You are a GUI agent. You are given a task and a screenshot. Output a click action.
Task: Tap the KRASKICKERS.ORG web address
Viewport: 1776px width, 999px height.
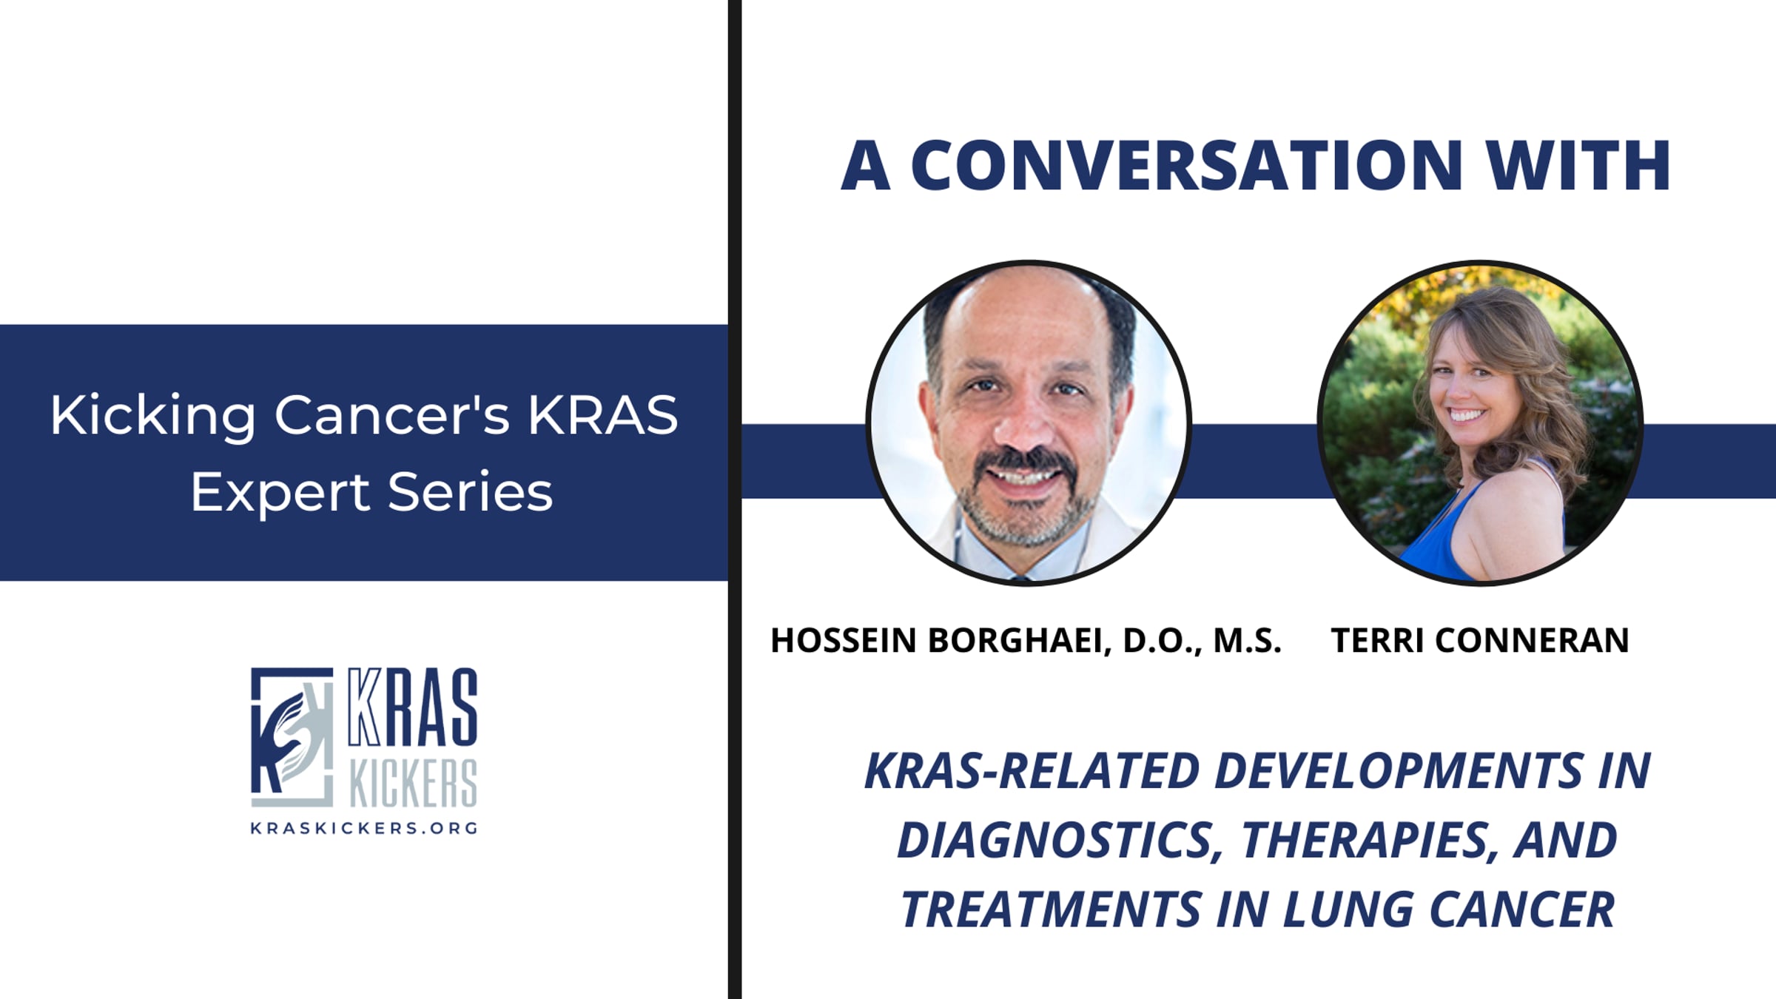pos(364,828)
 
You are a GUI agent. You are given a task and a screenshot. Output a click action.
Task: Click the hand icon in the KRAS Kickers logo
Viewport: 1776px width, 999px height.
pos(291,737)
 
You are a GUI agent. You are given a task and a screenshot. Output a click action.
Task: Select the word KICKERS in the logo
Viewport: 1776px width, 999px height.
pos(413,783)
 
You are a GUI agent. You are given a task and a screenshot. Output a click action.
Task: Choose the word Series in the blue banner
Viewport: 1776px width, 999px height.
pos(470,493)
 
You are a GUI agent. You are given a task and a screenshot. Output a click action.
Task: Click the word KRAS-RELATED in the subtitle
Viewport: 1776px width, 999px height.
pos(1031,771)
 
